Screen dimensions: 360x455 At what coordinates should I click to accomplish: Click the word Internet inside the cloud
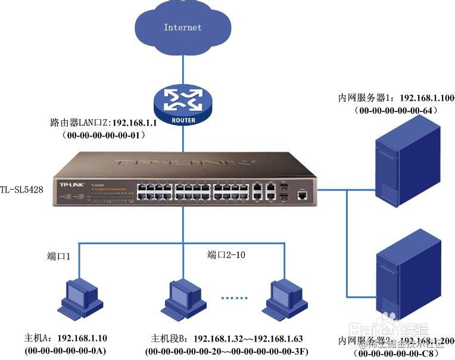pos(183,27)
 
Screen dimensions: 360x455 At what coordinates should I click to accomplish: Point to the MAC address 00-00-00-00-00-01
pos(104,135)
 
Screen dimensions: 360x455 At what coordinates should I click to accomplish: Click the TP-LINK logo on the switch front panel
pos(70,184)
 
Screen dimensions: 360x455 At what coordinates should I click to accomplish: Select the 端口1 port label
pos(59,256)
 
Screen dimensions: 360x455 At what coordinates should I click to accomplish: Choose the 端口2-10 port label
pos(226,255)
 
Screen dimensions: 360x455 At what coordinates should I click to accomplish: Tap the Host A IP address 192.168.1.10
pos(82,339)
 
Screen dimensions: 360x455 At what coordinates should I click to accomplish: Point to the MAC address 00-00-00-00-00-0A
pos(66,351)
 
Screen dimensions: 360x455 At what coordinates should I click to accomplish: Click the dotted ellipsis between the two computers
pos(234,297)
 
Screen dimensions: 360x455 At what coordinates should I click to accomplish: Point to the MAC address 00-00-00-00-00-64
pos(396,110)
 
